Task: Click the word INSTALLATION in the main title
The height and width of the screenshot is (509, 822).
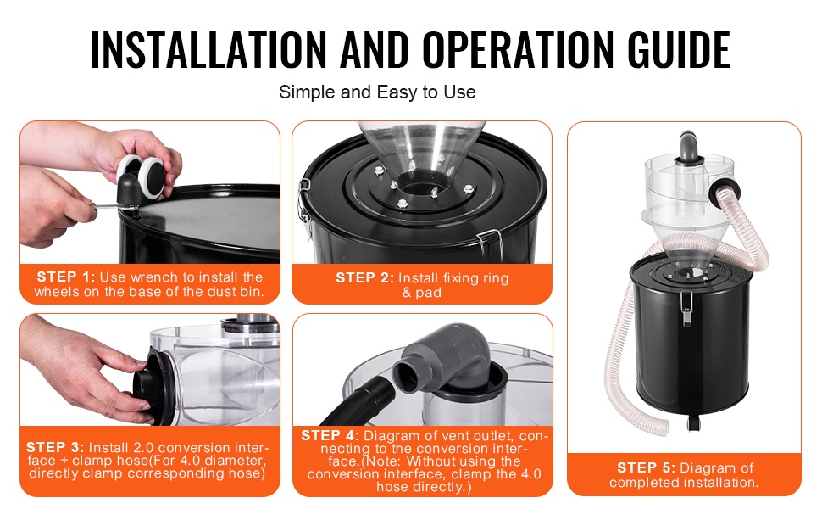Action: tap(208, 50)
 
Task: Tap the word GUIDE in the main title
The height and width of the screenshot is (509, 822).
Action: tap(678, 50)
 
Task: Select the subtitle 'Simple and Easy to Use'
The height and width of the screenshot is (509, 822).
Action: tap(377, 92)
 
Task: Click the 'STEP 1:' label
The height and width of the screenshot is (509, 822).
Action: tap(65, 277)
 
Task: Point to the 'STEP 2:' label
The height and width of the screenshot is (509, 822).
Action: tap(364, 277)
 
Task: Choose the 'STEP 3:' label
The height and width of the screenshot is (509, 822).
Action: tap(54, 448)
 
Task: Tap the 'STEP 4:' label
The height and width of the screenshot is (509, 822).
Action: tap(330, 435)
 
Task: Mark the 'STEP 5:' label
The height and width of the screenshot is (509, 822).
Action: tap(646, 467)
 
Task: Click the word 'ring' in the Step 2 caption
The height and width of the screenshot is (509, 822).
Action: tap(496, 278)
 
